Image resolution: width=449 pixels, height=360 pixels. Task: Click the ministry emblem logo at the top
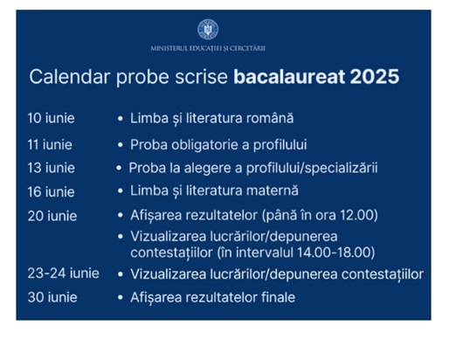(208, 30)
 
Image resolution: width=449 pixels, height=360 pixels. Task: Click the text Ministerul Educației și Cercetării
(208, 48)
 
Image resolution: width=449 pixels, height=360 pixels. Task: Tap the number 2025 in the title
(375, 77)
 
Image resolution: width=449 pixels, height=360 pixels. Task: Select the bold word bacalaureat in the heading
(289, 77)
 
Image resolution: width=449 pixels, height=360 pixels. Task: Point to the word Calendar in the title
(70, 77)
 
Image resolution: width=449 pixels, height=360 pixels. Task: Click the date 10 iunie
(51, 118)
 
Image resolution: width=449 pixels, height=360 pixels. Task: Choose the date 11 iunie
(50, 145)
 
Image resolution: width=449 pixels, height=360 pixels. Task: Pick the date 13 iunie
(51, 168)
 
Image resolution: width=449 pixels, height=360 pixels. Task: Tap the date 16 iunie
(51, 192)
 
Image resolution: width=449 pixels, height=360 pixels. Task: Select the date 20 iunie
(52, 216)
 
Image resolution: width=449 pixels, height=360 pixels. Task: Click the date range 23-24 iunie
(63, 273)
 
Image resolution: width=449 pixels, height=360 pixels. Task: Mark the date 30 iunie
(52, 297)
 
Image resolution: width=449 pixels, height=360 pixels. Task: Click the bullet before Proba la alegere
(119, 168)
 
